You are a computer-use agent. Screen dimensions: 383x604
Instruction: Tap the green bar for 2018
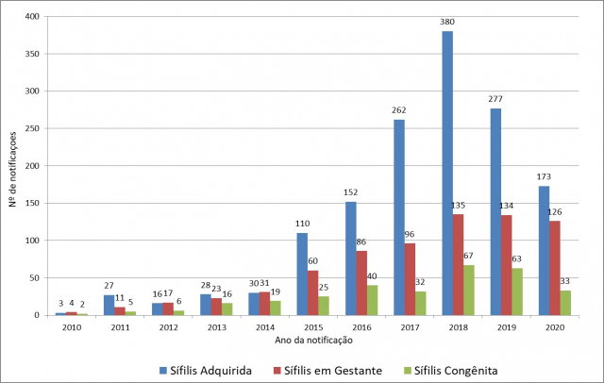[469, 290]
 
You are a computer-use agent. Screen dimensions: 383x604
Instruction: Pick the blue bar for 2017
[399, 217]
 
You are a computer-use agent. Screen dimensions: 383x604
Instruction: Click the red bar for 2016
[361, 282]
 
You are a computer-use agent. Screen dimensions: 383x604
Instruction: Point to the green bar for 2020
[565, 302]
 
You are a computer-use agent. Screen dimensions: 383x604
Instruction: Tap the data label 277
[495, 99]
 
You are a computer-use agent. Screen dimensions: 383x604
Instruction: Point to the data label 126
[553, 211]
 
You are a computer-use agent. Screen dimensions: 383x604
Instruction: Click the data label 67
[469, 256]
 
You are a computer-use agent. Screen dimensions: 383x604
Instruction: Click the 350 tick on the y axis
[34, 55]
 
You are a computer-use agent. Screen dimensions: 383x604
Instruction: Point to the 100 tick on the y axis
[34, 241]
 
